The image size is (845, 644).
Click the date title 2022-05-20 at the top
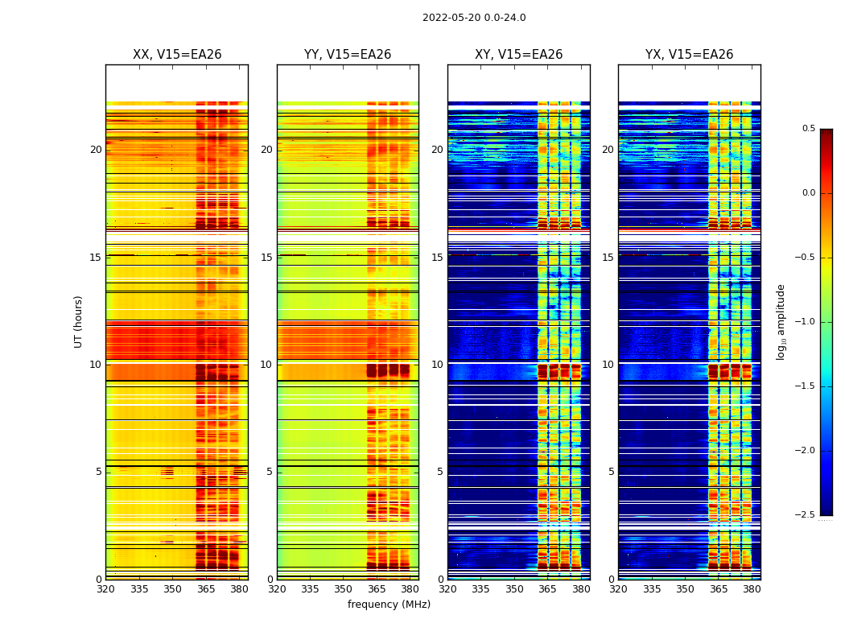click(x=474, y=18)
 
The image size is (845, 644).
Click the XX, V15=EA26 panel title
click(x=177, y=55)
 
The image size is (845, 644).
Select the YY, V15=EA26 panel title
click(x=348, y=55)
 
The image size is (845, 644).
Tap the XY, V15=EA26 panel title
click(x=519, y=55)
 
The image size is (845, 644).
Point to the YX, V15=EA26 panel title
click(x=690, y=55)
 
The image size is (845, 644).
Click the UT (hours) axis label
click(x=79, y=321)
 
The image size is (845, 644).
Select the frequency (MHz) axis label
click(x=389, y=605)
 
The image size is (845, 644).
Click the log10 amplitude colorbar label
click(x=781, y=322)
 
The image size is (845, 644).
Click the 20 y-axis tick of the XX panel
click(x=96, y=150)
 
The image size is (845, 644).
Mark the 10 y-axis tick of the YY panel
click(x=266, y=365)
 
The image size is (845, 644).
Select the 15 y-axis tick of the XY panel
click(x=437, y=258)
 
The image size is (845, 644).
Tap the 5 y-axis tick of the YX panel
click(x=611, y=472)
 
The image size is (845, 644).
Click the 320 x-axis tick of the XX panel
click(x=105, y=589)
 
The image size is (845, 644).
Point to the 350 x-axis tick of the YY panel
click(x=344, y=589)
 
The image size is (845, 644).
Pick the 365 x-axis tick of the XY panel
click(x=547, y=589)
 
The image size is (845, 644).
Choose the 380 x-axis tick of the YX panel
click(x=752, y=589)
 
